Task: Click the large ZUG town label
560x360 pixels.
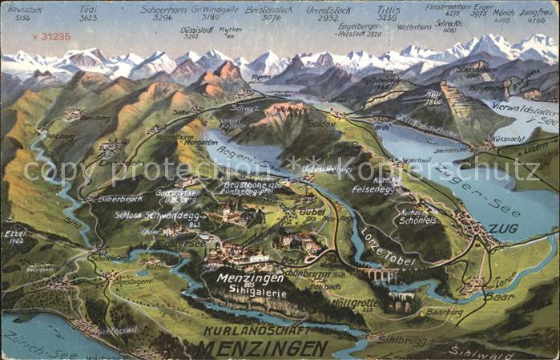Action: (503, 229)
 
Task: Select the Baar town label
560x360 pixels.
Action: (499, 297)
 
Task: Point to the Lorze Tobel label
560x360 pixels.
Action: (389, 248)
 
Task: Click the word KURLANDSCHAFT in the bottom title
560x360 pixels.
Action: (253, 331)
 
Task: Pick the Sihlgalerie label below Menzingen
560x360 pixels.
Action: (253, 294)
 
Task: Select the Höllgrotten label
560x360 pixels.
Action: (357, 303)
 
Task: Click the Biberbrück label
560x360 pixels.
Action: (120, 197)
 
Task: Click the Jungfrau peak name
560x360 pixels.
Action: (535, 12)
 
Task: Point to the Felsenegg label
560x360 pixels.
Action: (373, 189)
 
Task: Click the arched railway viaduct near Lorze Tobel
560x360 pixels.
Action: (379, 275)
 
